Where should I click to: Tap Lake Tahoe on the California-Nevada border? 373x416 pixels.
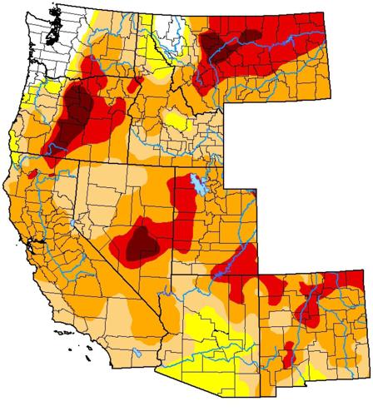tap(72, 223)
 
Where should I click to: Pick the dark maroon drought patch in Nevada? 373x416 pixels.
tap(142, 242)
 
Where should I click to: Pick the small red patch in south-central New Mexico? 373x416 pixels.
tap(289, 359)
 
